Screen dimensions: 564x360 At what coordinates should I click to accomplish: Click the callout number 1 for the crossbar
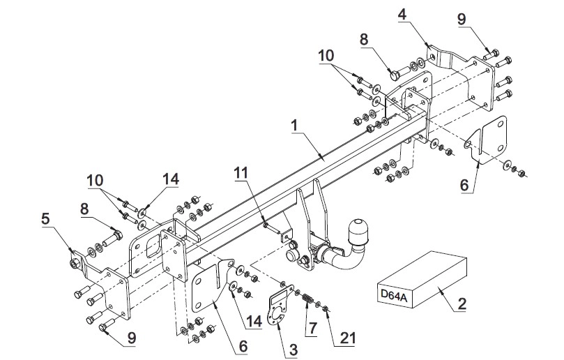click(295, 126)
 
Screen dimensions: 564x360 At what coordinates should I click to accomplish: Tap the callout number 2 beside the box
click(462, 304)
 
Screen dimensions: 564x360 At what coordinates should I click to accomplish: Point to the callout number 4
click(402, 15)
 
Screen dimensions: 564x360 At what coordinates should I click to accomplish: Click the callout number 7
click(312, 328)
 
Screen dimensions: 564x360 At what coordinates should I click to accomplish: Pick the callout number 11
click(241, 173)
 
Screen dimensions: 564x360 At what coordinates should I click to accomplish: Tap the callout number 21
click(348, 338)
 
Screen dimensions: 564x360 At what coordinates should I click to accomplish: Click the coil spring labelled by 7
click(307, 299)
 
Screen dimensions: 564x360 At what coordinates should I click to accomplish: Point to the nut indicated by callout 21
click(325, 308)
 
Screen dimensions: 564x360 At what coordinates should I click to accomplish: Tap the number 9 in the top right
click(462, 19)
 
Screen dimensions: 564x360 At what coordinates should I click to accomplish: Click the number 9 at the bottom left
click(132, 338)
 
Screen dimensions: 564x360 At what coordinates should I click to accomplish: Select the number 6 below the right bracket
click(464, 185)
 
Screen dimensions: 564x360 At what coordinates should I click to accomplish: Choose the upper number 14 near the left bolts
click(171, 179)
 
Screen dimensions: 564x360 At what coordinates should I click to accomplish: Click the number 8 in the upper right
click(365, 39)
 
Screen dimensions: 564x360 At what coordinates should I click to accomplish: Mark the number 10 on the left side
click(96, 181)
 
